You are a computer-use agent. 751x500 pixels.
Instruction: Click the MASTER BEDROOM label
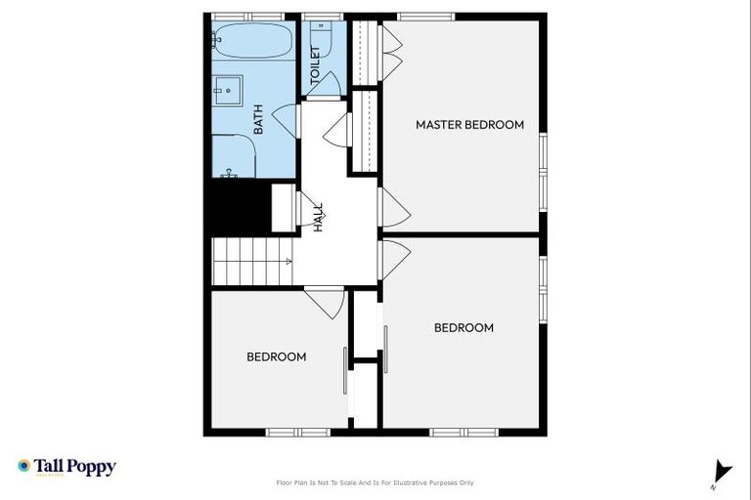pyautogui.click(x=469, y=125)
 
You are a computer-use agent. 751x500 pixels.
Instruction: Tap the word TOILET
pyautogui.click(x=316, y=63)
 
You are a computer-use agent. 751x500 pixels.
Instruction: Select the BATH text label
pyautogui.click(x=259, y=119)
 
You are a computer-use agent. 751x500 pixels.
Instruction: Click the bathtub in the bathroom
pyautogui.click(x=251, y=43)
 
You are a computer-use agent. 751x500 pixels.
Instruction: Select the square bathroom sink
pyautogui.click(x=228, y=91)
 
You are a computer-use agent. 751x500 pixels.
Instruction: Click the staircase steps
pyautogui.click(x=249, y=261)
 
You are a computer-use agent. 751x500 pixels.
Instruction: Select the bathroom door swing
pyautogui.click(x=285, y=119)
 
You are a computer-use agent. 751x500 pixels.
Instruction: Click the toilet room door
pyautogui.click(x=324, y=86)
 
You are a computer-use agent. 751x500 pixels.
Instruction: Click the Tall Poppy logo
pyautogui.click(x=66, y=467)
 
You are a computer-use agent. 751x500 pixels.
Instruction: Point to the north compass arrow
pyautogui.click(x=722, y=472)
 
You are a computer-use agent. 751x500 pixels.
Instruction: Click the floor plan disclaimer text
pyautogui.click(x=375, y=482)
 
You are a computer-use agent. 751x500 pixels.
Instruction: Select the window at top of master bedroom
pyautogui.click(x=425, y=16)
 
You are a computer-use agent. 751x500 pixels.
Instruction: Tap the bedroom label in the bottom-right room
pyautogui.click(x=464, y=328)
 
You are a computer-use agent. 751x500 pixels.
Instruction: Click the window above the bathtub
pyautogui.click(x=248, y=16)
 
